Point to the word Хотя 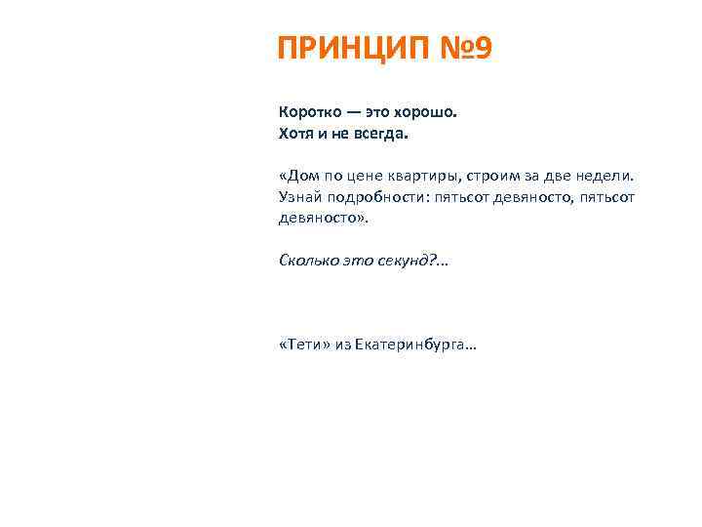coord(296,132)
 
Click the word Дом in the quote coord(304,177)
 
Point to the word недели coord(610,177)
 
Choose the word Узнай coord(298,197)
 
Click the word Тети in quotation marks coord(304,345)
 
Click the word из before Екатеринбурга coord(342,346)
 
